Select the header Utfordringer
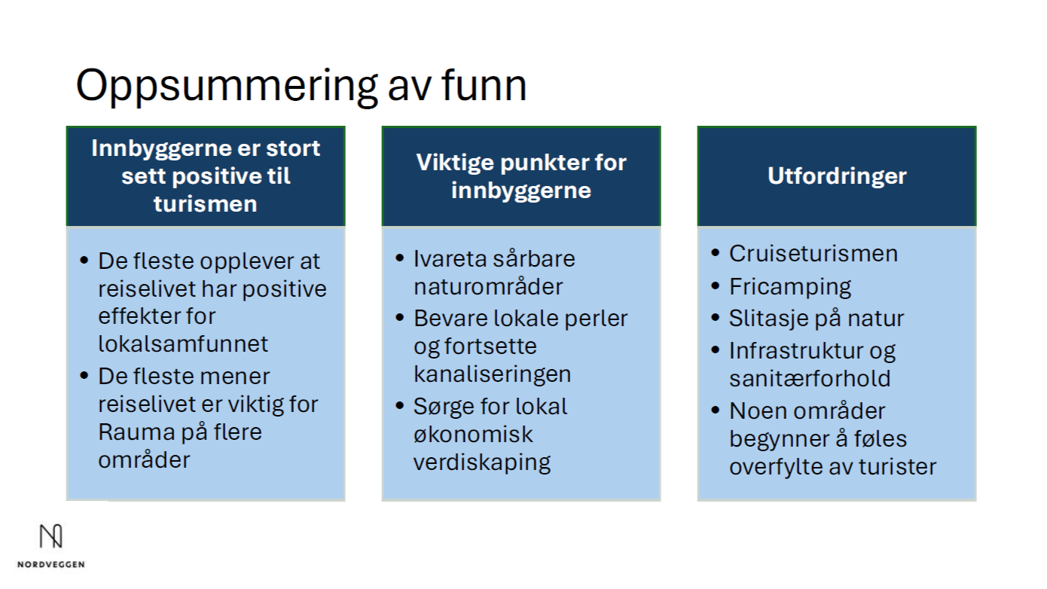click(837, 176)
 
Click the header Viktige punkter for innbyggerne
click(521, 176)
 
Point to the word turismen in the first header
click(205, 204)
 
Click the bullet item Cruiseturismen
click(813, 253)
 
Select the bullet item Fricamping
click(789, 287)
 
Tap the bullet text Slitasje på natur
click(816, 319)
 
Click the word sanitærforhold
click(809, 378)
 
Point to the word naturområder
click(487, 287)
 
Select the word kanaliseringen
click(492, 374)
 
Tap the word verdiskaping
click(481, 462)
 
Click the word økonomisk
click(473, 434)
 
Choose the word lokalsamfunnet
click(183, 344)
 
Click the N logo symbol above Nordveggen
click(50, 536)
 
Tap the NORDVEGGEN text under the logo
click(50, 564)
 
